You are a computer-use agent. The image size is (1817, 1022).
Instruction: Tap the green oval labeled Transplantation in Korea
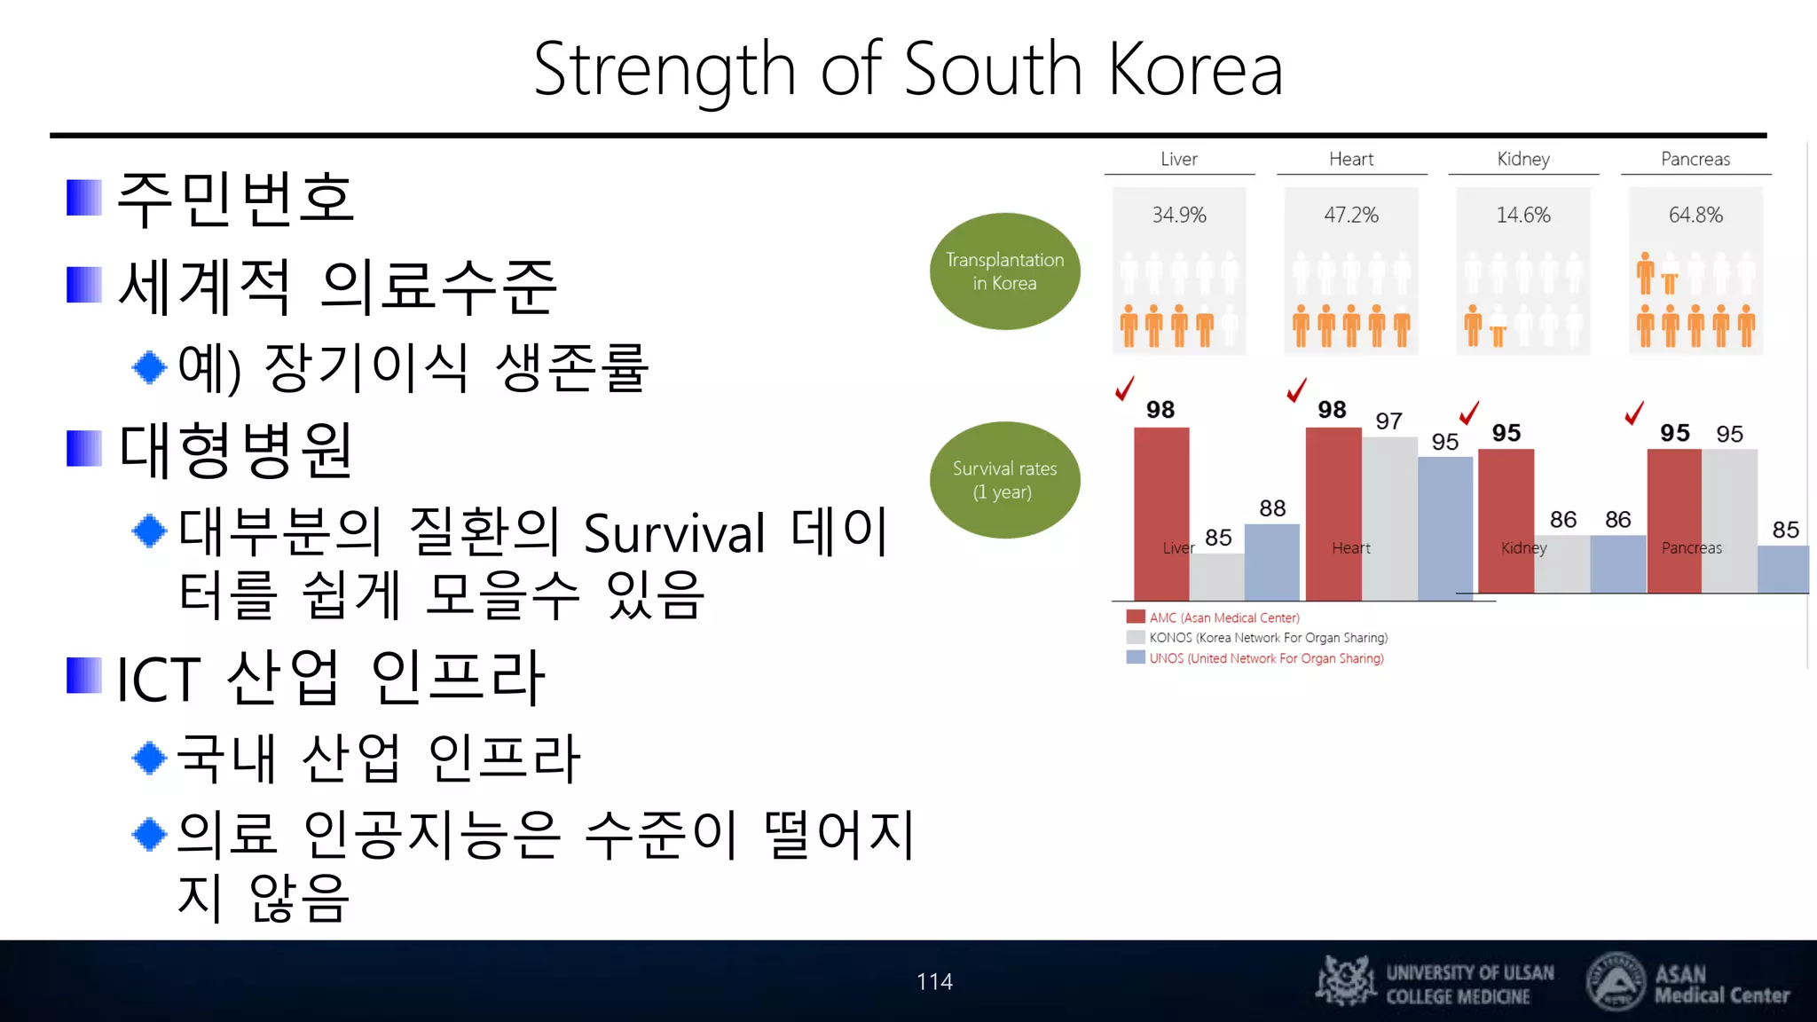click(x=1004, y=271)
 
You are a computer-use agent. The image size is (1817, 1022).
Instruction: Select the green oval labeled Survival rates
click(x=1004, y=480)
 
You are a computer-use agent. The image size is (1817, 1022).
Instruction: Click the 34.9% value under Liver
click(x=1179, y=216)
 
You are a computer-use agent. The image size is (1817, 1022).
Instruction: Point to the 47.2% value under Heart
click(x=1351, y=216)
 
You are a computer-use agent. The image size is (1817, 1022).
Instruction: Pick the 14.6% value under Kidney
click(x=1523, y=216)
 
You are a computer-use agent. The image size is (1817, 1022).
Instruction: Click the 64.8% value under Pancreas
click(x=1695, y=216)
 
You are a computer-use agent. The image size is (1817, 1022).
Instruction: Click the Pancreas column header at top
click(x=1695, y=159)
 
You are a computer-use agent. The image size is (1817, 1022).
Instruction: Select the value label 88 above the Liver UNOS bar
click(x=1272, y=508)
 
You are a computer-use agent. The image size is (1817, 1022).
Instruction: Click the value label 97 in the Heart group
click(x=1388, y=421)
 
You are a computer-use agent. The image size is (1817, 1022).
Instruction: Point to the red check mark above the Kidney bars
click(x=1469, y=413)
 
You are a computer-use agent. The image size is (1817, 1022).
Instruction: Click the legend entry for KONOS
click(x=1268, y=638)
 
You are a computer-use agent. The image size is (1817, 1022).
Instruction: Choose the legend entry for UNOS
click(x=1266, y=658)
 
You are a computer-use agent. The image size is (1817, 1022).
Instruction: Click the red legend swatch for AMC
click(x=1136, y=617)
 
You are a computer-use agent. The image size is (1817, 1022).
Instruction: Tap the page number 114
click(x=934, y=981)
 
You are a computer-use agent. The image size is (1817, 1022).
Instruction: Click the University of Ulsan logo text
click(x=1469, y=984)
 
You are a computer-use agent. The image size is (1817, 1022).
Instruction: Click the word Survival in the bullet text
click(x=674, y=534)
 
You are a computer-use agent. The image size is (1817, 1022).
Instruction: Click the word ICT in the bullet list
click(x=159, y=680)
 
